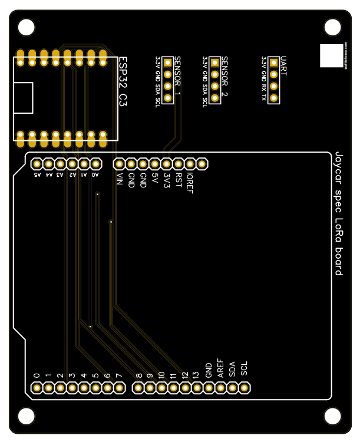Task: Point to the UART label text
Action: coord(283,62)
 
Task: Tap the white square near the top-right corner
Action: coord(331,55)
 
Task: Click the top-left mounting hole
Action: coord(27,27)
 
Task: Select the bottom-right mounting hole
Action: coord(333,416)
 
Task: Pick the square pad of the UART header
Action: coord(273,62)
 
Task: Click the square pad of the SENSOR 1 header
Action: coord(167,62)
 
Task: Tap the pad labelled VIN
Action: coord(119,164)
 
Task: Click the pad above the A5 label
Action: coord(37,164)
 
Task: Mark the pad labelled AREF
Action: coord(220,388)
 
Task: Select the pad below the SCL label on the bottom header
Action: coord(244,388)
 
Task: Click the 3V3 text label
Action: coord(167,179)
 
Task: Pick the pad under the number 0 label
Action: coord(37,388)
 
